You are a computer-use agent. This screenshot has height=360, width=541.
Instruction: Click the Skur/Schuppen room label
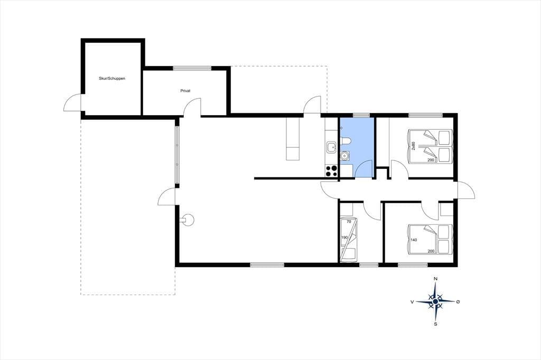(112, 79)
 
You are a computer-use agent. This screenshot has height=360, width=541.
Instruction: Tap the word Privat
(185, 91)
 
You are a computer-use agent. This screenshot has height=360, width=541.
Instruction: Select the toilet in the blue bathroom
(346, 141)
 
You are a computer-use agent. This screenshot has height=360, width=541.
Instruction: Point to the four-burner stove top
(332, 171)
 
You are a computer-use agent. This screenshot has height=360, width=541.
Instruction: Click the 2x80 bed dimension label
(413, 147)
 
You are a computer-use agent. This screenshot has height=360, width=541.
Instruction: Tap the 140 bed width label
(414, 240)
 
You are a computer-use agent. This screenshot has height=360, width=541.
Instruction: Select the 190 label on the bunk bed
(344, 238)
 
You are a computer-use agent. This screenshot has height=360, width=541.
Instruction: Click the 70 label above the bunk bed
(349, 222)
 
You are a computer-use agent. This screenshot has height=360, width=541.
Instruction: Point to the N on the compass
(436, 279)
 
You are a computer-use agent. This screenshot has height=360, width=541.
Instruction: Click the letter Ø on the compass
(458, 302)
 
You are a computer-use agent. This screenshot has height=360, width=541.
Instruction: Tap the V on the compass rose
(412, 302)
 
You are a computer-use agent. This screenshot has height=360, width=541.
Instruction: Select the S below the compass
(436, 324)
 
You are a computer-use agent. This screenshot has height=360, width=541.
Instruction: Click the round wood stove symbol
(188, 220)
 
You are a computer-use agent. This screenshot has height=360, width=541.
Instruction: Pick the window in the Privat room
(192, 68)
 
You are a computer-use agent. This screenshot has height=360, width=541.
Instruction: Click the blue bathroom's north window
(361, 115)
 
